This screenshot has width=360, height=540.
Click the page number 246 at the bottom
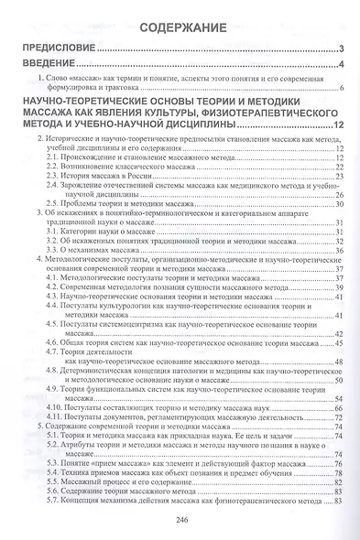tap(180, 519)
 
